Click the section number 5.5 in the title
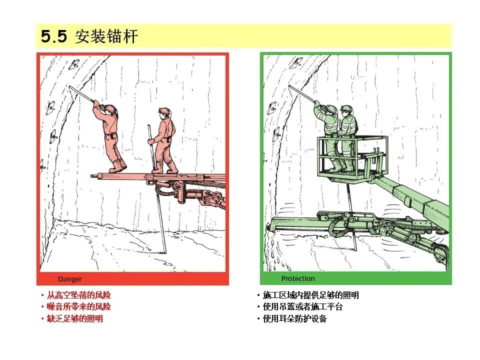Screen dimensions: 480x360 tap(54, 36)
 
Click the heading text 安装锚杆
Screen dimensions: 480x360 tap(106, 36)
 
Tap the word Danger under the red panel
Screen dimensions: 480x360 tap(70, 279)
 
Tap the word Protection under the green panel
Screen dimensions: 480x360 tap(298, 278)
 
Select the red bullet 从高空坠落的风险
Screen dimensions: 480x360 tap(78, 295)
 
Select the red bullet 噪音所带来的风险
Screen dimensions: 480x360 tap(78, 306)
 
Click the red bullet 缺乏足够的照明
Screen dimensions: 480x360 tap(74, 318)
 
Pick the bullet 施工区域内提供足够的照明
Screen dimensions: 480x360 tap(310, 295)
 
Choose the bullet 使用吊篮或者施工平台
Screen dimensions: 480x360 tap(302, 306)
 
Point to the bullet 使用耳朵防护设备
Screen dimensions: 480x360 tap(295, 318)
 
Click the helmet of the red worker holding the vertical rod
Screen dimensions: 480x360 tap(164, 111)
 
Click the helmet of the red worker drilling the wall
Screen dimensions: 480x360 tap(110, 108)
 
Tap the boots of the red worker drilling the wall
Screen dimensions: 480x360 tap(118, 166)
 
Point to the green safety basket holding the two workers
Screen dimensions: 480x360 tap(352, 159)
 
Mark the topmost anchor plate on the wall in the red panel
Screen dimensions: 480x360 tap(74, 64)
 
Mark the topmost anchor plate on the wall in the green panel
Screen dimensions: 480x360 tap(296, 62)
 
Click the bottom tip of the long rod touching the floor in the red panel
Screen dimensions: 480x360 tap(165, 253)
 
